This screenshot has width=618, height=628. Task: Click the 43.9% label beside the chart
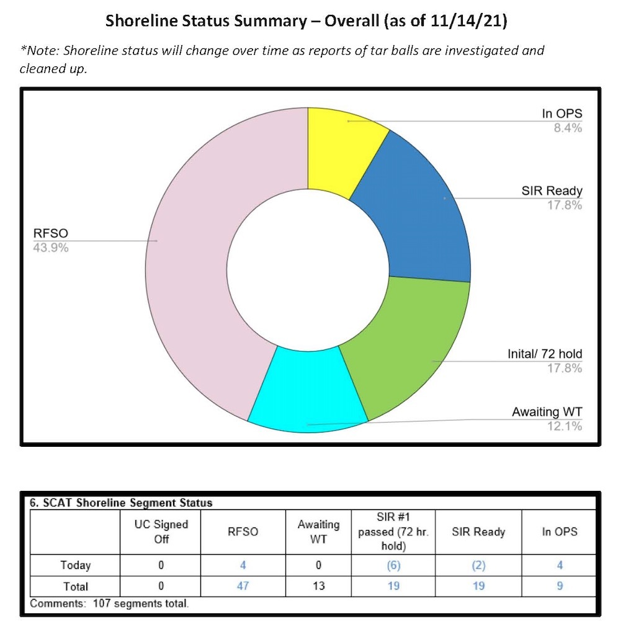tap(50, 248)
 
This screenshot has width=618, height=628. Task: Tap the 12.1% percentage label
tap(565, 426)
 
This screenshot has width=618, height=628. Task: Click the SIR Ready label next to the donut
tap(552, 191)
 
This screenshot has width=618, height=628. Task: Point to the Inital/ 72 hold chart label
tap(544, 354)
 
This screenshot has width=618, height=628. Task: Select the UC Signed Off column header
tap(161, 531)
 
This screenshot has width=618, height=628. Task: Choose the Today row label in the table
tap(75, 565)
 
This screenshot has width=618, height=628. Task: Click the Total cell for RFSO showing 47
tap(243, 586)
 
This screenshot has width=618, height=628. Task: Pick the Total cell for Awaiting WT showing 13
tap(318, 586)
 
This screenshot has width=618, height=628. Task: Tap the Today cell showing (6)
tap(393, 565)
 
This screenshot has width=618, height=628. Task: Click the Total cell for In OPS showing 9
tap(559, 586)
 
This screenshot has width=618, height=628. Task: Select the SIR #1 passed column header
tap(393, 531)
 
